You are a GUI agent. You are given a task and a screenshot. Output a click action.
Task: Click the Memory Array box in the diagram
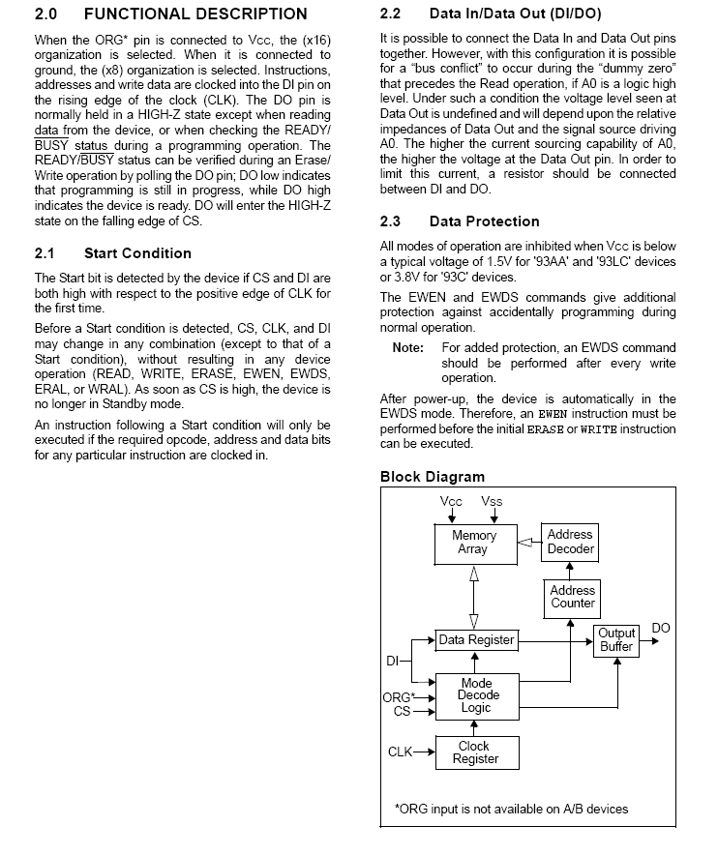474,543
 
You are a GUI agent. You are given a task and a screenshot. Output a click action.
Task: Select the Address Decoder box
570,543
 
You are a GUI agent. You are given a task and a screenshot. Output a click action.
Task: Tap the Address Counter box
573,597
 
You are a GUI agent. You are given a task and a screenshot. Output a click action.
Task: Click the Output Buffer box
616,640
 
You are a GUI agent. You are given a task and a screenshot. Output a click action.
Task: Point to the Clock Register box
475,752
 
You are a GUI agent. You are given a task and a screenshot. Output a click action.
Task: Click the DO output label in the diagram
661,629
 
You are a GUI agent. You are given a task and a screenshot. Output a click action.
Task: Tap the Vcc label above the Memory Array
451,501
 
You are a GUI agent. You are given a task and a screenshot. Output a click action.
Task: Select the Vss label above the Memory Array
492,501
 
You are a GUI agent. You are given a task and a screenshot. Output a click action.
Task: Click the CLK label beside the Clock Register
401,752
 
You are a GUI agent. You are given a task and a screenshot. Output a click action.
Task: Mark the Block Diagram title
432,477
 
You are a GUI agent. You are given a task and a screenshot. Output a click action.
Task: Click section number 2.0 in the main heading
46,15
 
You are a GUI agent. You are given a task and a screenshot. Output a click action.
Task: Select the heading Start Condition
137,253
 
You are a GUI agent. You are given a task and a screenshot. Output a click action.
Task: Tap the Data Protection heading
484,221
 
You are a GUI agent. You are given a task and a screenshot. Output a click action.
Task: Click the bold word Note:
408,347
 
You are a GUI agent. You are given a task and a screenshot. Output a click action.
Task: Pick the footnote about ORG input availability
511,809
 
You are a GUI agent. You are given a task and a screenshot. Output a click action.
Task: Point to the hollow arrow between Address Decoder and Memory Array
527,543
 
